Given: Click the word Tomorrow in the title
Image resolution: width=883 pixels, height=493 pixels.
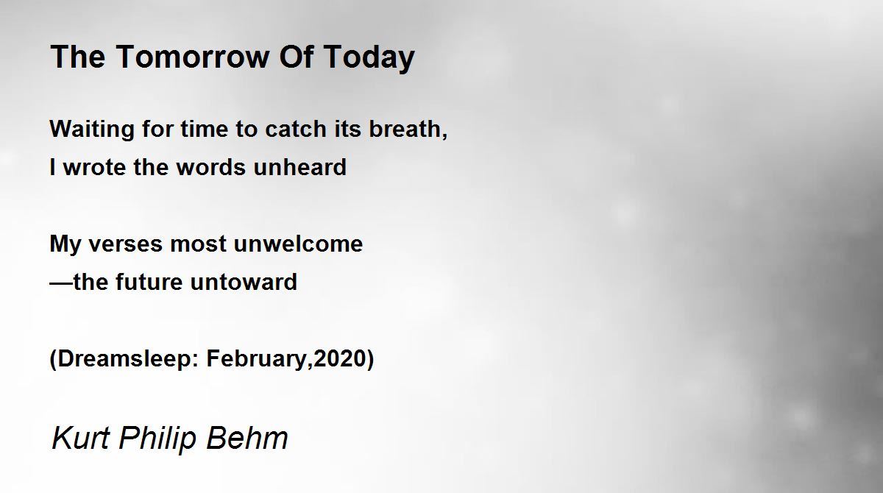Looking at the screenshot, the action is pyautogui.click(x=193, y=57).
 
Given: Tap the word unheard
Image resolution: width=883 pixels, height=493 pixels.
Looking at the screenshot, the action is pyautogui.click(x=299, y=167).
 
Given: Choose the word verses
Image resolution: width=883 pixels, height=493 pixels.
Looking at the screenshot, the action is pyautogui.click(x=125, y=244).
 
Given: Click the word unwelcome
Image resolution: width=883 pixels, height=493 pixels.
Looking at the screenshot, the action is pyautogui.click(x=298, y=244).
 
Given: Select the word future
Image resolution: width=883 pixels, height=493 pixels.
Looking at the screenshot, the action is pyautogui.click(x=149, y=282).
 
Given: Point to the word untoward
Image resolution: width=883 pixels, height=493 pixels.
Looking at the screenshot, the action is pyautogui.click(x=244, y=282).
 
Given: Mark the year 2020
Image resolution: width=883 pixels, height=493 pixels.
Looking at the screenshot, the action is pyautogui.click(x=340, y=359).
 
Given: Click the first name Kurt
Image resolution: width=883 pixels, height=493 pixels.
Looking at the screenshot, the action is pyautogui.click(x=80, y=438).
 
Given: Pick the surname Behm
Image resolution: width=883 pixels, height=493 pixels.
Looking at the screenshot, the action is pyautogui.click(x=247, y=438).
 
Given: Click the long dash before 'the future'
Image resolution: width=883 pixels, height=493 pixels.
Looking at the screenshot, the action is pyautogui.click(x=62, y=283).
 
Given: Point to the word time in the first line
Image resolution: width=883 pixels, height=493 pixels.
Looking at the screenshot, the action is pyautogui.click(x=205, y=129).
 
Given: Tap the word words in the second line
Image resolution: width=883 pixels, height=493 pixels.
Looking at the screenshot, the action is pyautogui.click(x=210, y=167).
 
